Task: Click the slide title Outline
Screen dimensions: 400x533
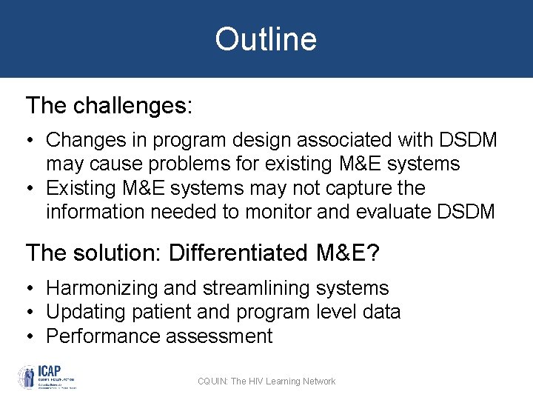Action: [266, 39]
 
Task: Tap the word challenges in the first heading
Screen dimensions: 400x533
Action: [133, 106]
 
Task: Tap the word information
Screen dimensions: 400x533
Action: [95, 213]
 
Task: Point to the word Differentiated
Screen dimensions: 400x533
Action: [237, 253]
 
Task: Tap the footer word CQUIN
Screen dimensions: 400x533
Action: [212, 381]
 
